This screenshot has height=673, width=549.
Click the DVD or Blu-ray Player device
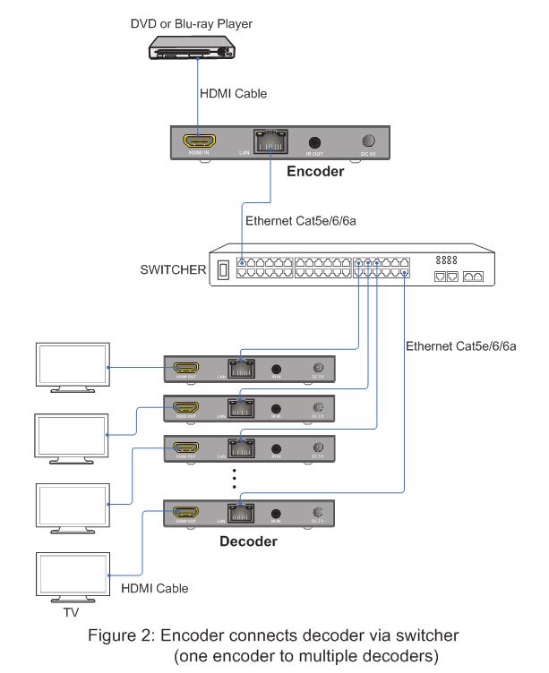(x=193, y=49)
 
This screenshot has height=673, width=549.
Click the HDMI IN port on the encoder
(x=199, y=141)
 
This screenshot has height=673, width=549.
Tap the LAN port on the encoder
(x=271, y=142)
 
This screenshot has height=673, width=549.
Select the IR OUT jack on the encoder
(x=314, y=141)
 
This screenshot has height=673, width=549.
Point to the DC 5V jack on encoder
(x=368, y=141)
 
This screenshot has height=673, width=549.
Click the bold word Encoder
(x=314, y=171)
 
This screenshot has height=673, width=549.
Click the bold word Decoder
(x=248, y=541)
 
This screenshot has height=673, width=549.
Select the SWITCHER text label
(x=173, y=269)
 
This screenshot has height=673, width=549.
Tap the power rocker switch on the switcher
(x=224, y=269)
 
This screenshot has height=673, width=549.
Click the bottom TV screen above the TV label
(x=70, y=577)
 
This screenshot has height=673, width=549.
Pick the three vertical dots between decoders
(x=234, y=478)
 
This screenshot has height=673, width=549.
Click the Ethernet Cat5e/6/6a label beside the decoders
(x=460, y=345)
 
